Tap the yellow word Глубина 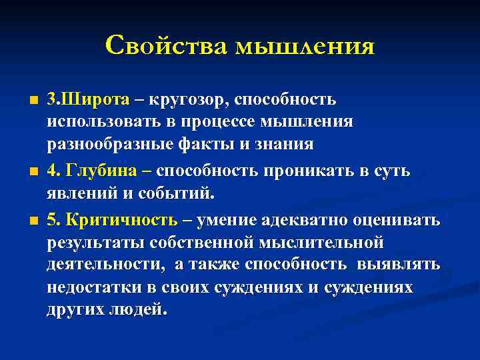pos(102,171)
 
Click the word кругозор pos(189,100)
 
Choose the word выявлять pos(407,265)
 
